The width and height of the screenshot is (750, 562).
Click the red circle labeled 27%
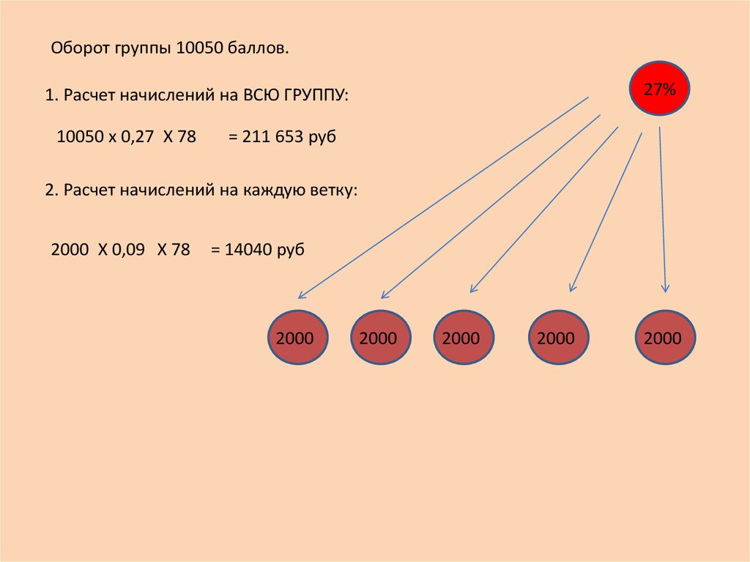(659, 89)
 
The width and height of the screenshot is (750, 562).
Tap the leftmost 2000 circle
(297, 338)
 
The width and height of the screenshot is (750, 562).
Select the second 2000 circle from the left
(381, 338)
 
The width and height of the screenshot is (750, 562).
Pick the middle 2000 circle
(464, 338)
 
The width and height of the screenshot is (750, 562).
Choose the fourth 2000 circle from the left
(558, 338)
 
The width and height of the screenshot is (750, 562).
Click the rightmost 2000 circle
(665, 338)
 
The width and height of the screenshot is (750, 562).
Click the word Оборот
(81, 48)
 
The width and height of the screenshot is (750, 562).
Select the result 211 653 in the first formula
(272, 136)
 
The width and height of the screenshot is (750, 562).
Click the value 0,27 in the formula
(137, 136)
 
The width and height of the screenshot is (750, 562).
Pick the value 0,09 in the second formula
(128, 249)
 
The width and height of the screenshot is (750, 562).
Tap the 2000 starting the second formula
(70, 249)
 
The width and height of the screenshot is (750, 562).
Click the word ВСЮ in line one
(261, 95)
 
